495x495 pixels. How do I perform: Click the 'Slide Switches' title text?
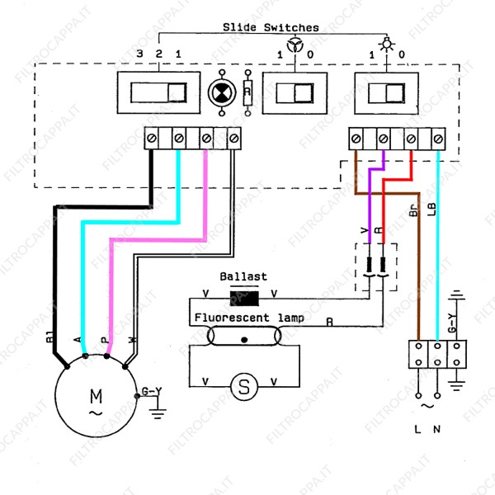(271, 27)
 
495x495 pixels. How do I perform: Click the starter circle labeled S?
(243, 385)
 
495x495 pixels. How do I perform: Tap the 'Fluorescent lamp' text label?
(249, 318)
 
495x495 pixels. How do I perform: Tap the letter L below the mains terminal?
(418, 430)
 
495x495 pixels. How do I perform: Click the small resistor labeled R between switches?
(247, 92)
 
